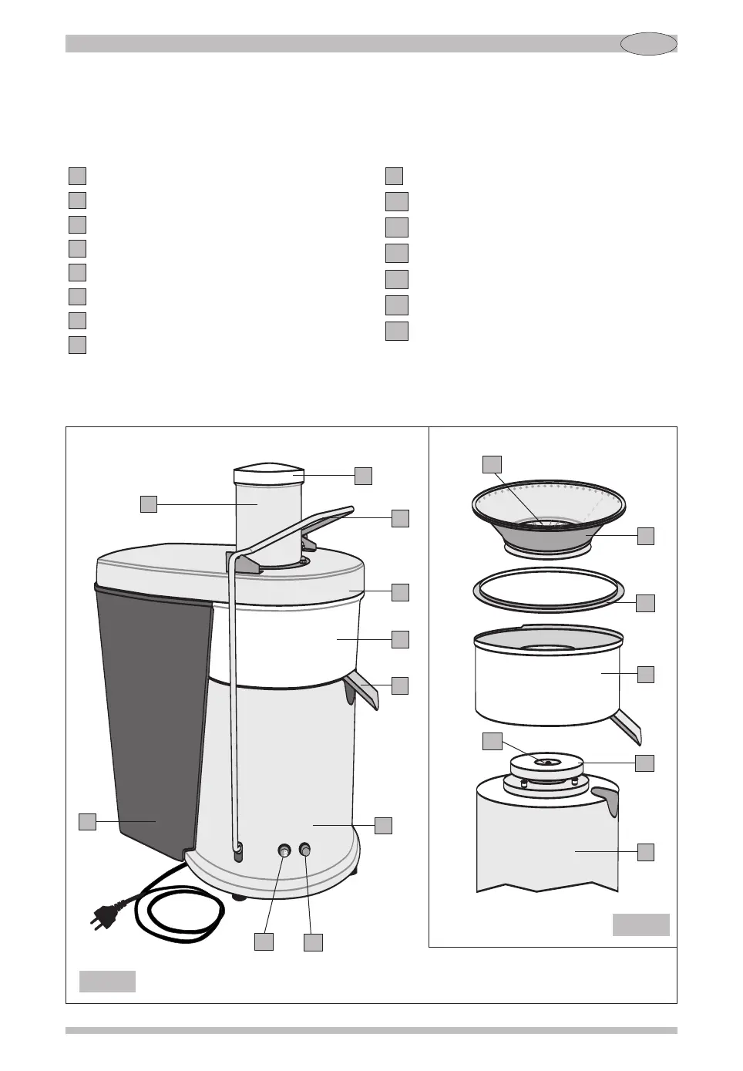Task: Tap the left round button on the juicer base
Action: pyautogui.click(x=284, y=850)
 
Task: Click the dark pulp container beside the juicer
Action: pyautogui.click(x=150, y=717)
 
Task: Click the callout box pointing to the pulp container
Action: pyautogui.click(x=87, y=821)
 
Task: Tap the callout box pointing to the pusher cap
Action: pyautogui.click(x=363, y=476)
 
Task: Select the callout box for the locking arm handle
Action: pyautogui.click(x=400, y=517)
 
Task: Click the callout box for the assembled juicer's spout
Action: pyautogui.click(x=400, y=685)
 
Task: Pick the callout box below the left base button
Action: pyautogui.click(x=264, y=941)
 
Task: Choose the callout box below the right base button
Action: pyautogui.click(x=312, y=941)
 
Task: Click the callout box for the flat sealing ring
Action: pyautogui.click(x=645, y=603)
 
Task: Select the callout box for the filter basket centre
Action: pyautogui.click(x=491, y=463)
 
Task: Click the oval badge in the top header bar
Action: pyautogui.click(x=648, y=44)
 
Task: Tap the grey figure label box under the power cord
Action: pyautogui.click(x=108, y=982)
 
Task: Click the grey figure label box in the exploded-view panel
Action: pyautogui.click(x=640, y=924)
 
